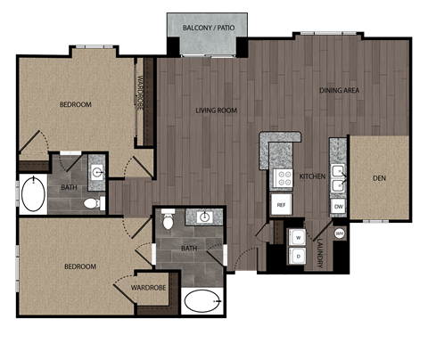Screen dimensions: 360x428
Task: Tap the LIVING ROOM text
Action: pyautogui.click(x=216, y=110)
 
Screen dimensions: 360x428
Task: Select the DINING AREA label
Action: pyautogui.click(x=339, y=91)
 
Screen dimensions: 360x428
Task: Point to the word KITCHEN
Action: pyautogui.click(x=312, y=176)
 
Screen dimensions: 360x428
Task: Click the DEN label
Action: pyautogui.click(x=379, y=177)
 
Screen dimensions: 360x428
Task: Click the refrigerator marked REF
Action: pyautogui.click(x=281, y=205)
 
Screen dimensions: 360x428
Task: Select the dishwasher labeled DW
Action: pyautogui.click(x=338, y=206)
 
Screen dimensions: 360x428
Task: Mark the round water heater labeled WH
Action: pyautogui.click(x=340, y=233)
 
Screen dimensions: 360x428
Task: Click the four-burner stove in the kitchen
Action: pyautogui.click(x=283, y=177)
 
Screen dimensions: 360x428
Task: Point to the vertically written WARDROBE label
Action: pyautogui.click(x=141, y=94)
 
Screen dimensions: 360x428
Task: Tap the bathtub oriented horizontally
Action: pyautogui.click(x=203, y=300)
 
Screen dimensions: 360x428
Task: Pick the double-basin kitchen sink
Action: pyautogui.click(x=338, y=178)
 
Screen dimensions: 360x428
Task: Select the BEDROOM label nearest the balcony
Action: pyautogui.click(x=76, y=104)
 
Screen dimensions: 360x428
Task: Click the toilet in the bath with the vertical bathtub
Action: pyautogui.click(x=90, y=204)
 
